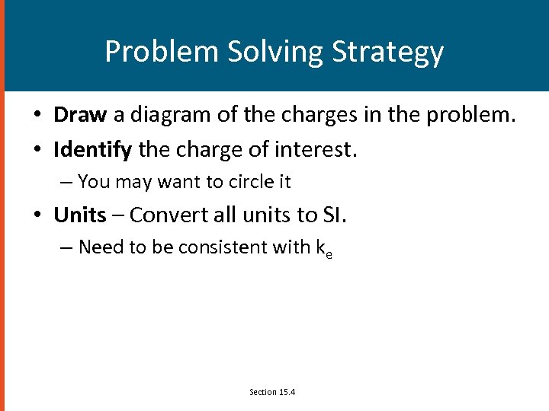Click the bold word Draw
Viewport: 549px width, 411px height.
coord(81,115)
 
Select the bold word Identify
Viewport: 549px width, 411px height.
coord(93,150)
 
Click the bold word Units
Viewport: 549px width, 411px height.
coord(80,215)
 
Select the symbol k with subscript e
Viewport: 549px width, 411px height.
coord(323,249)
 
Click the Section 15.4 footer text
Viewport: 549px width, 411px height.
coord(272,392)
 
